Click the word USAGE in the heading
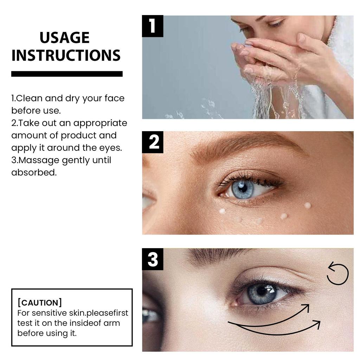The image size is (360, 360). (x=64, y=38)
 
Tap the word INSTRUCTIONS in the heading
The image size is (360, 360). (x=66, y=56)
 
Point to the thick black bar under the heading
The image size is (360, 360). (x=67, y=74)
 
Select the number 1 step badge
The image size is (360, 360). (x=152, y=26)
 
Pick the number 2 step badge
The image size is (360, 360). (x=152, y=142)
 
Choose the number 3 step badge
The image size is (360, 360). (x=152, y=259)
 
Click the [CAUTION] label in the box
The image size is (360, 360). (x=40, y=303)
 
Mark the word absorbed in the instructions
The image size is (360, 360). (x=33, y=173)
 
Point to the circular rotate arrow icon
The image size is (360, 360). (x=337, y=274)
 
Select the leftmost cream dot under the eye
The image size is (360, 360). (x=222, y=211)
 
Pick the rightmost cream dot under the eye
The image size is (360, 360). (x=307, y=205)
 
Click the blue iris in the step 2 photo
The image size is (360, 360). (x=243, y=189)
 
